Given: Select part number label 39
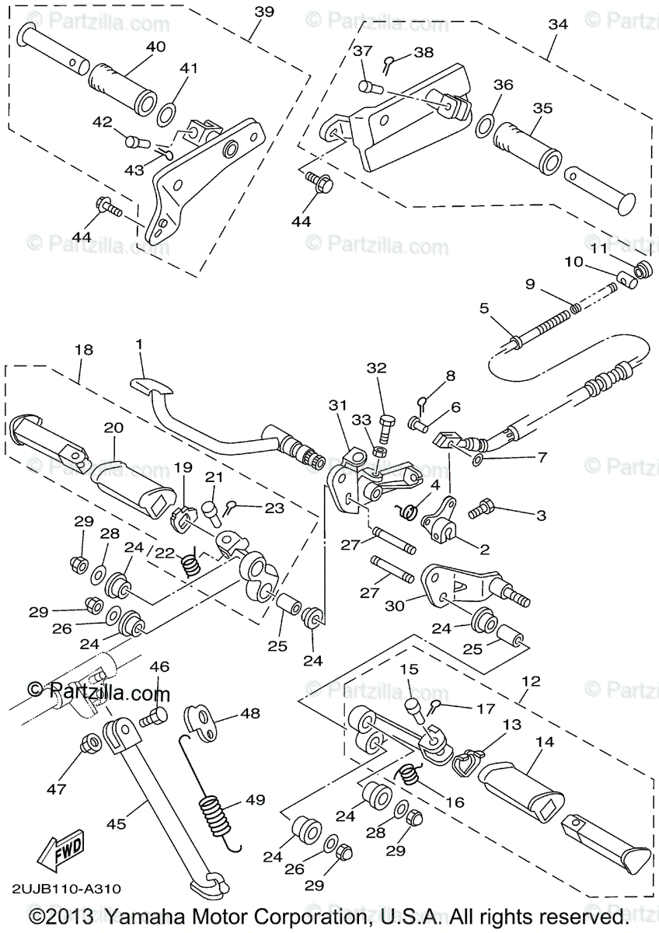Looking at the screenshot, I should click(x=264, y=12).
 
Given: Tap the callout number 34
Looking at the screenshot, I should click(x=558, y=24).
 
